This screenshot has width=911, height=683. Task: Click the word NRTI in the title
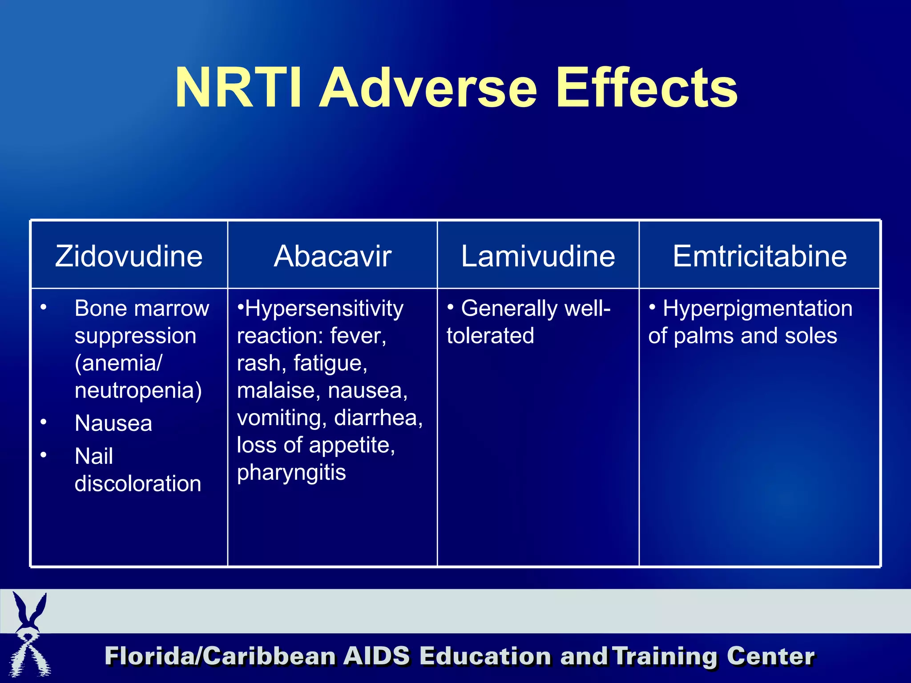click(238, 88)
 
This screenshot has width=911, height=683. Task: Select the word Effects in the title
click(647, 88)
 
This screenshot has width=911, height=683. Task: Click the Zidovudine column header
click(129, 256)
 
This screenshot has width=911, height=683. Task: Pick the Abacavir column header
click(332, 256)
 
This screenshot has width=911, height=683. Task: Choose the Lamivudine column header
click(538, 256)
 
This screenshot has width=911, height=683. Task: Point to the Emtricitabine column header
click(760, 256)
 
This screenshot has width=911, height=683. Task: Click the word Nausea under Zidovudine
click(113, 423)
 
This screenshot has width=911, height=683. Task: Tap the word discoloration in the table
click(138, 483)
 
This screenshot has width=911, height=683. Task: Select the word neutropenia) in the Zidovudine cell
click(138, 390)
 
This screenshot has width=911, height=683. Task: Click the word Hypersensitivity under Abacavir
click(324, 308)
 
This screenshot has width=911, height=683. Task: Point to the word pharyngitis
click(291, 472)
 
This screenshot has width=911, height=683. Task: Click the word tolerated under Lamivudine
click(490, 336)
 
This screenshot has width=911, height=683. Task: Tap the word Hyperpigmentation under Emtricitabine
click(758, 308)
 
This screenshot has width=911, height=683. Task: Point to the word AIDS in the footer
click(376, 656)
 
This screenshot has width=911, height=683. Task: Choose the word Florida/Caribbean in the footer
click(220, 656)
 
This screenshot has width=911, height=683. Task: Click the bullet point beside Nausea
click(44, 422)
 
